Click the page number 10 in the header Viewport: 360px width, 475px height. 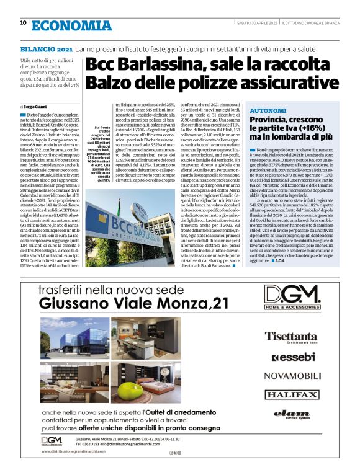(23, 24)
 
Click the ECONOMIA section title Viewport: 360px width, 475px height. (71, 25)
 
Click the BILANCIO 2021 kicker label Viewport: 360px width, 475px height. (46, 48)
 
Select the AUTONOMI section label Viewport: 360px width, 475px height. (267, 109)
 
